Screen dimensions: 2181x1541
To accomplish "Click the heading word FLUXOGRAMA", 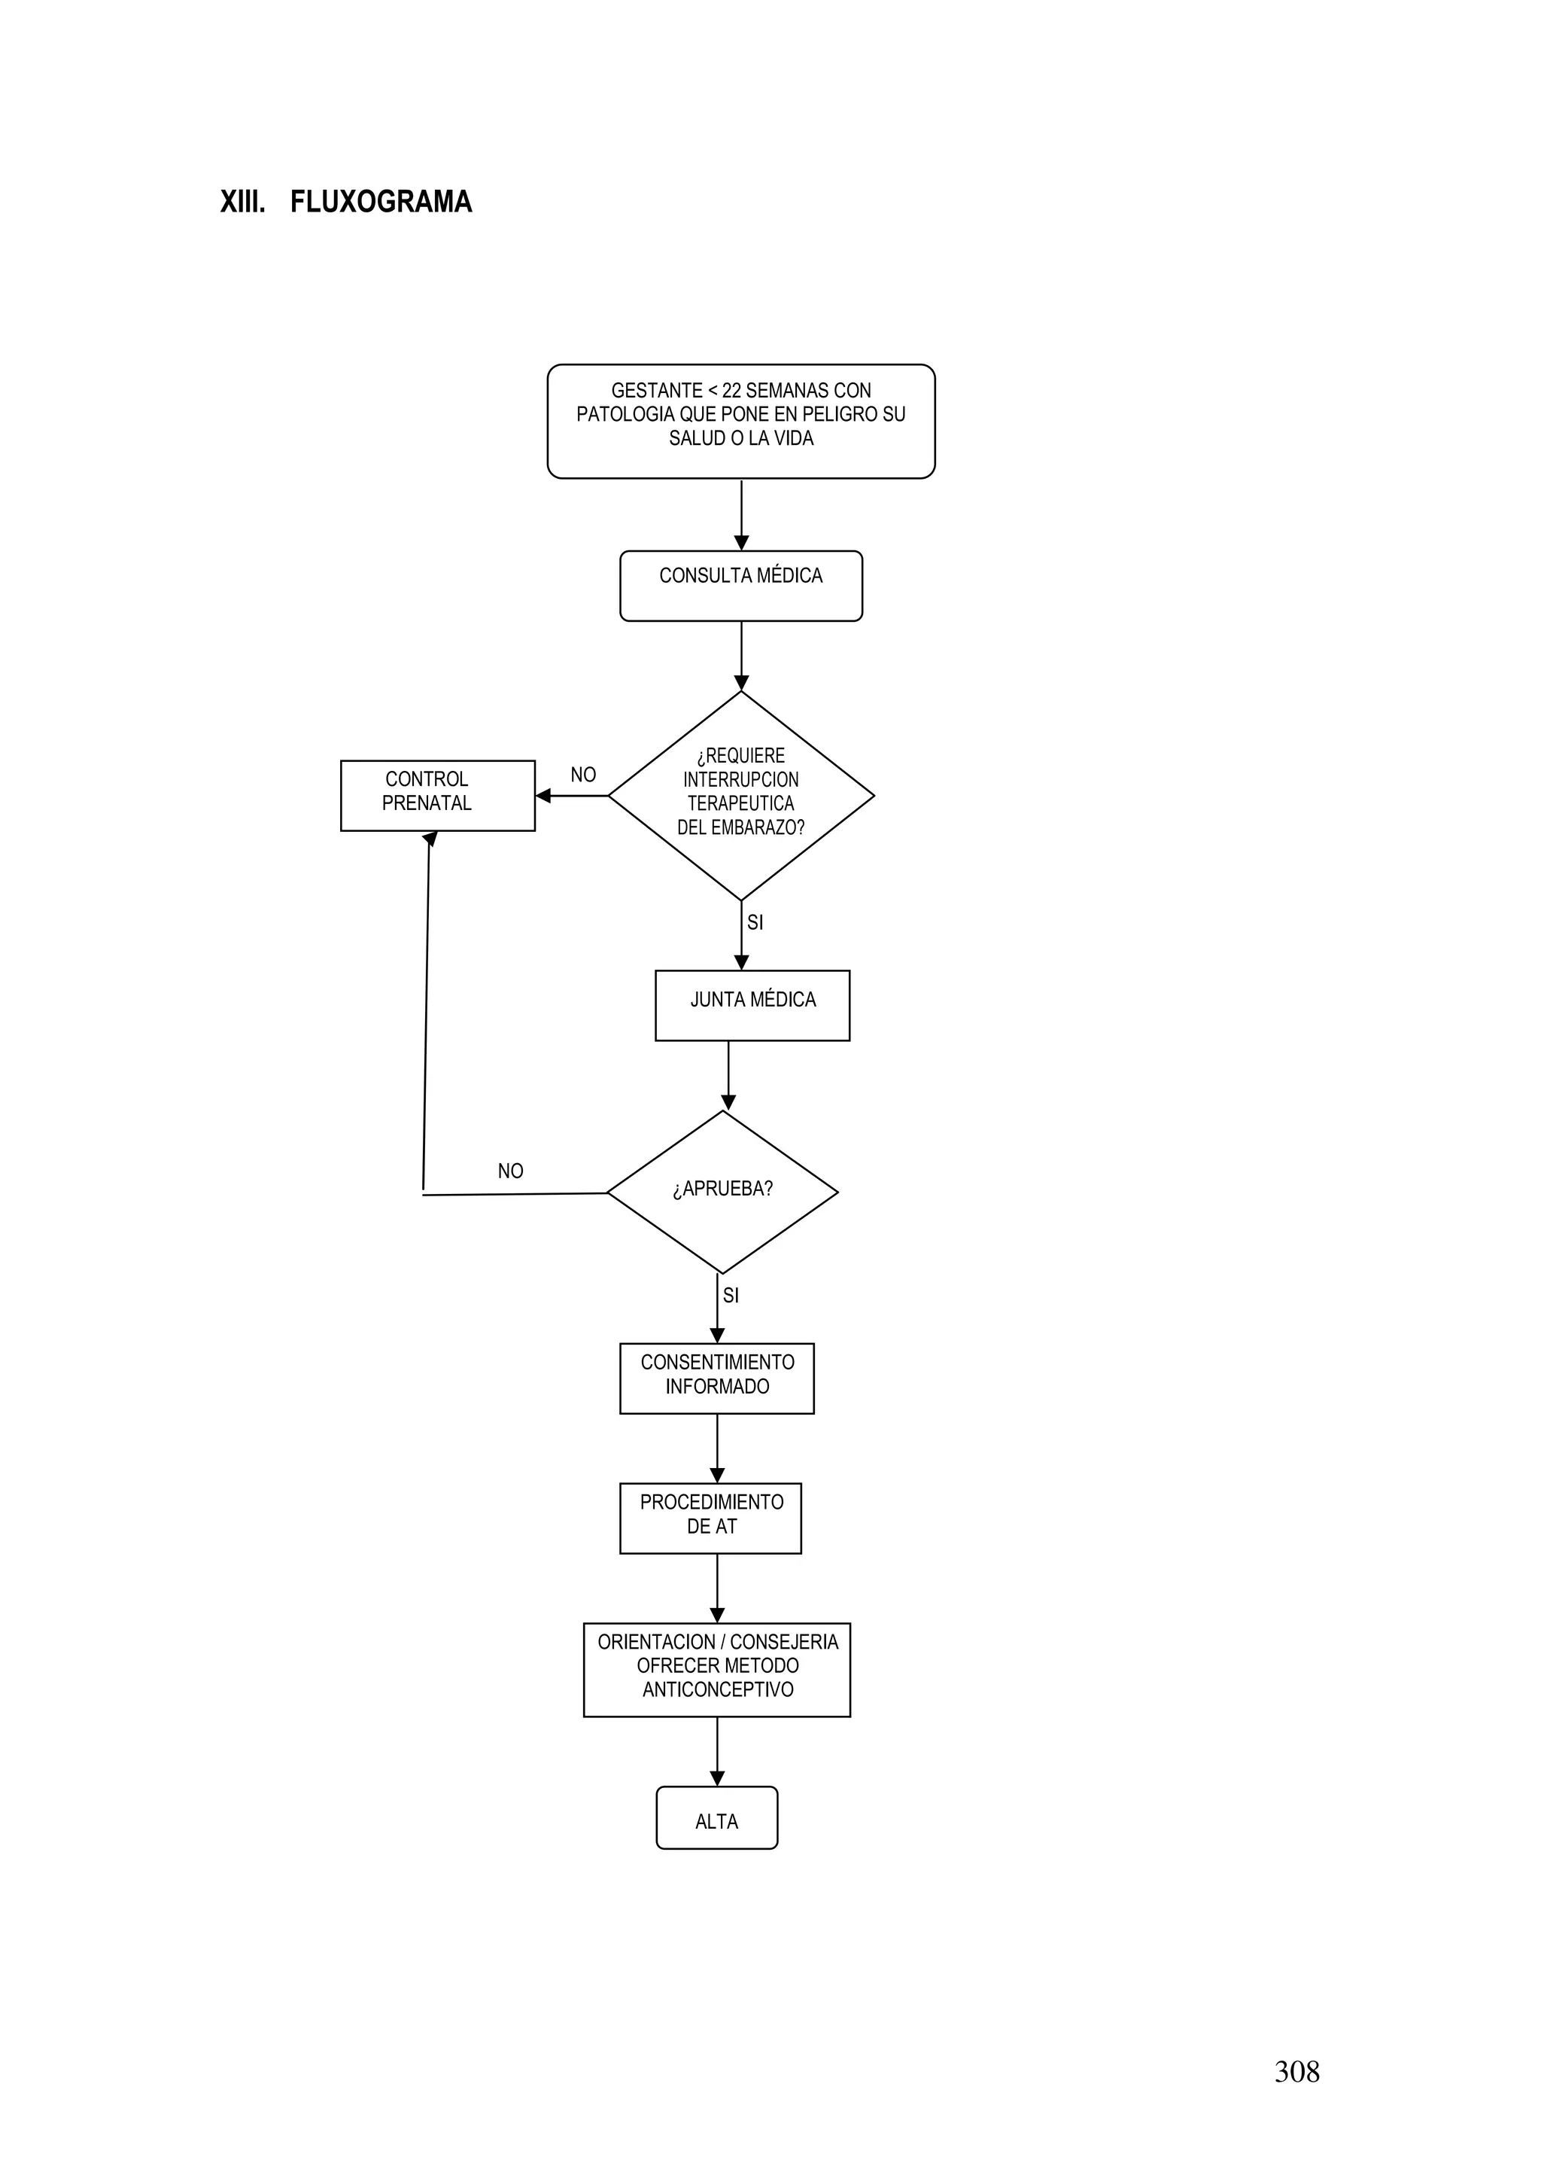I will coord(381,203).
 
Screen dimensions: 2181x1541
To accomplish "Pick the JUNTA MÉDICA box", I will coord(752,1005).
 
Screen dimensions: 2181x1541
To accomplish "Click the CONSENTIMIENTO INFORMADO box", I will coord(717,1378).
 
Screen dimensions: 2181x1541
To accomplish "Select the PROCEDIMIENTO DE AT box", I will coord(710,1517).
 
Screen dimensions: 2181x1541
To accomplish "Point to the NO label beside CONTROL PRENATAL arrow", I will coord(583,775).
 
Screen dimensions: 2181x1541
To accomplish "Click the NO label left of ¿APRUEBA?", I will coord(510,1171).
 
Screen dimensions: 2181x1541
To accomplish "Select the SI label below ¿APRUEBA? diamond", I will coord(730,1296).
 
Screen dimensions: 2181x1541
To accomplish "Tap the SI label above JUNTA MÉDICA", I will coord(755,922).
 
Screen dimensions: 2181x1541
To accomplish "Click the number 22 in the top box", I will coord(731,391).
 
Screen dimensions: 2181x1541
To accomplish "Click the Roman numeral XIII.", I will coord(242,203).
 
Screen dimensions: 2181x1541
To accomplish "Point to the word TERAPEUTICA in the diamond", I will coord(740,803).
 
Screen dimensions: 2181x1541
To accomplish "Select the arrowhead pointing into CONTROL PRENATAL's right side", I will coord(543,795).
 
